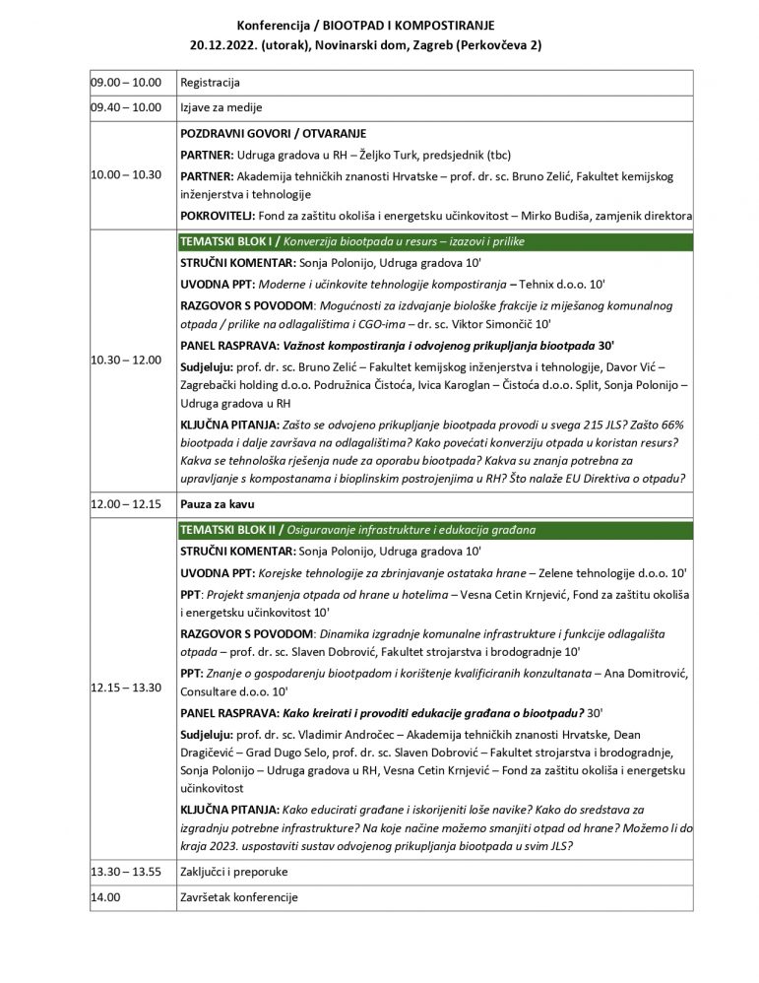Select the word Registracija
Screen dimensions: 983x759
tap(211, 84)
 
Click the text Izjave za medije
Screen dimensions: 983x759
tap(221, 107)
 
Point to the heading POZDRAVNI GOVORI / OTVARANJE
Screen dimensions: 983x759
tap(281, 133)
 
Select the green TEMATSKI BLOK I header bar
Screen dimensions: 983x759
tap(435, 240)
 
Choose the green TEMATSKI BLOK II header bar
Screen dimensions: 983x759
tap(435, 530)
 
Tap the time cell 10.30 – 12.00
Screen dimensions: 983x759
tap(124, 360)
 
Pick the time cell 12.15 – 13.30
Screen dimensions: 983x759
tap(124, 686)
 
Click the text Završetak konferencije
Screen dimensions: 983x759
tap(239, 898)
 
